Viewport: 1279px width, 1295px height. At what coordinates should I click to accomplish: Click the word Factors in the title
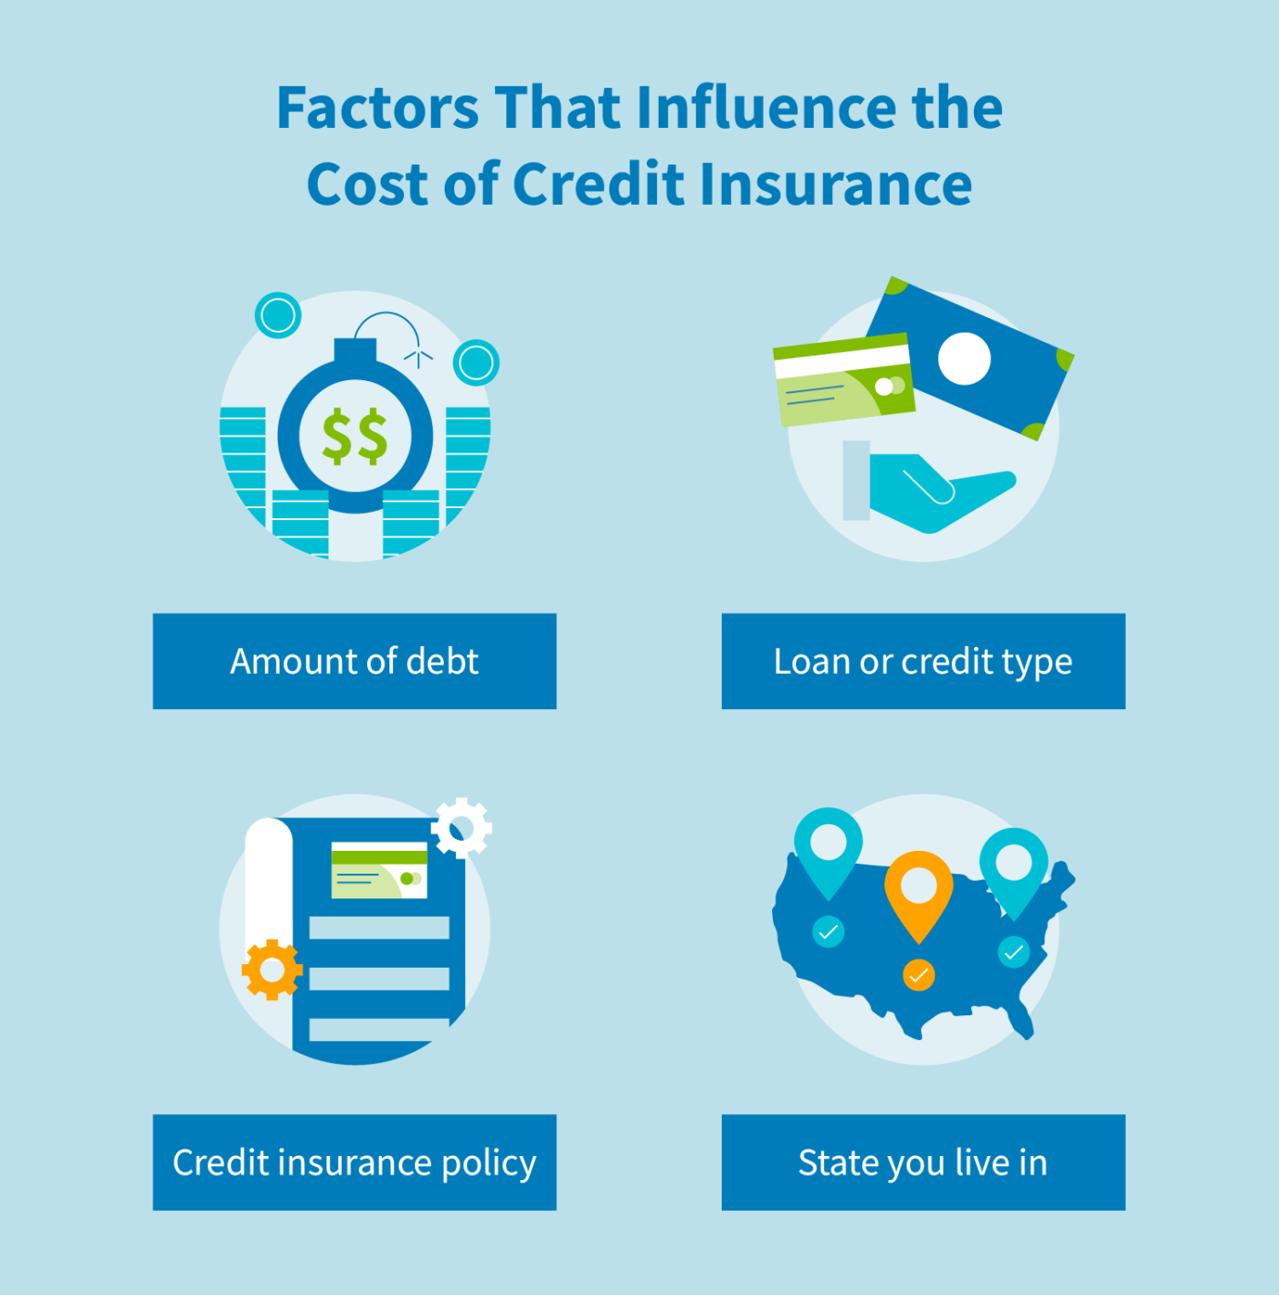tap(377, 108)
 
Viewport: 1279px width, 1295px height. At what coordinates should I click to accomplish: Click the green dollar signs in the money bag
tap(354, 436)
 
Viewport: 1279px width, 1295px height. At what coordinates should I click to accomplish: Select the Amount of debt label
tap(354, 661)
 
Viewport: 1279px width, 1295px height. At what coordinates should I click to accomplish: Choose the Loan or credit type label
tap(923, 661)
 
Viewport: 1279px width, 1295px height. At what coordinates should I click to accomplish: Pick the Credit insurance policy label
tap(354, 1162)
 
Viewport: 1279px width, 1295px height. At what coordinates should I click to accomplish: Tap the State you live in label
tap(923, 1162)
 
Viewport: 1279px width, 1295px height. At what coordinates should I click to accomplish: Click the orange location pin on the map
tap(918, 891)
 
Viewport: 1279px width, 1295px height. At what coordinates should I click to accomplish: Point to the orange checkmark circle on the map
tap(918, 975)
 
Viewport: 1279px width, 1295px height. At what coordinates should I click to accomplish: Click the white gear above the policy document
tap(461, 828)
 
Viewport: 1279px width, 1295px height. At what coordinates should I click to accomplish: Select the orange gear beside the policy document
tap(271, 970)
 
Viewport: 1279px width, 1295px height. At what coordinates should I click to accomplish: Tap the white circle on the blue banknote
tap(964, 358)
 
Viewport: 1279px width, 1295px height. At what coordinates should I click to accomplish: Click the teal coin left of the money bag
tap(278, 315)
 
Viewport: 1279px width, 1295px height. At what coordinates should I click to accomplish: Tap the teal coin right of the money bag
tap(476, 363)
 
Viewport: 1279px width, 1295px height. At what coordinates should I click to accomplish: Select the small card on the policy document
tap(379, 870)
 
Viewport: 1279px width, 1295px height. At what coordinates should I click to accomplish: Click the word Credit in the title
tap(598, 185)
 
